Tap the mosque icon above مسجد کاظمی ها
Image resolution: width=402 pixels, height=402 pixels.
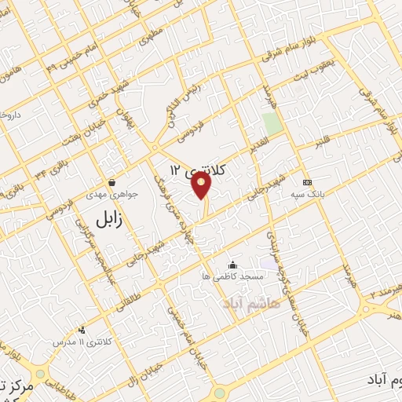point(231,265)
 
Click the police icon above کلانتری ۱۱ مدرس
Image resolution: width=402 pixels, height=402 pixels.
point(82,331)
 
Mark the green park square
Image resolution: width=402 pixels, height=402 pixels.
point(272,123)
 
